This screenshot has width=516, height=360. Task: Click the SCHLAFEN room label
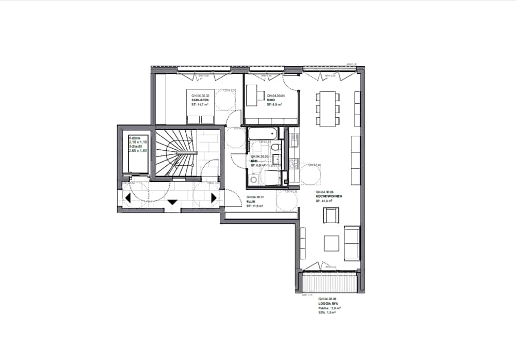click(x=200, y=100)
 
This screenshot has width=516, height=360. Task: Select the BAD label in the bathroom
click(x=254, y=161)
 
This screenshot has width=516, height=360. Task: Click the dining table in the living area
click(x=328, y=108)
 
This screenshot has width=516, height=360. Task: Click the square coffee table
click(x=331, y=243)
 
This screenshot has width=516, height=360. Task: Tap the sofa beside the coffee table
click(x=352, y=243)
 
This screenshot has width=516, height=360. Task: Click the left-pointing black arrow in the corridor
click(x=127, y=198)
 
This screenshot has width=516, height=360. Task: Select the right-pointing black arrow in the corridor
click(x=214, y=198)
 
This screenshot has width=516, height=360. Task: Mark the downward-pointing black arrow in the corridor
click(x=172, y=202)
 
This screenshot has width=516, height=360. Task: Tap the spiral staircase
click(x=175, y=152)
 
